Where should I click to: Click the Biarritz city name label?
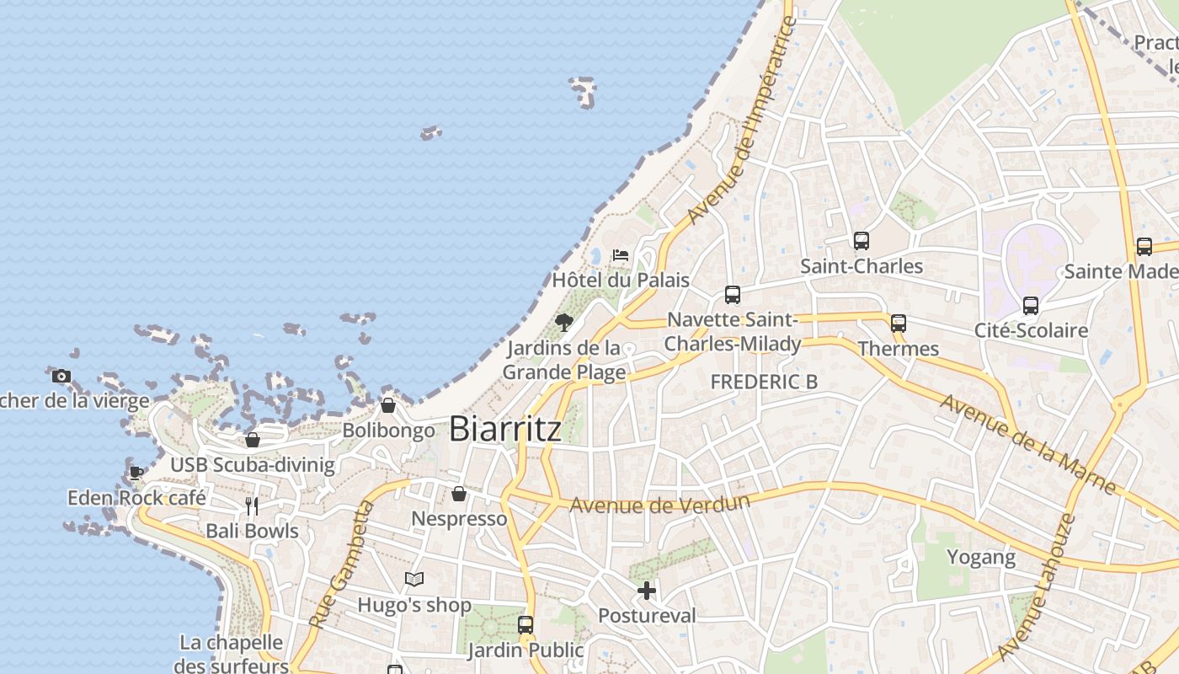(x=505, y=429)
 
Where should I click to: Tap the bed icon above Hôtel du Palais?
(x=621, y=254)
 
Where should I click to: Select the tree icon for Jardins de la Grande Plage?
(x=563, y=322)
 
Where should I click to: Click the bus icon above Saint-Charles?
(x=861, y=241)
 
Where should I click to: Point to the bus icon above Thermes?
(x=898, y=324)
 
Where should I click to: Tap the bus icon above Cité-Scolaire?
(x=1030, y=306)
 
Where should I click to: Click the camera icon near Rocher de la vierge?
(x=61, y=377)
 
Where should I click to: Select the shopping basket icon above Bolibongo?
(x=387, y=405)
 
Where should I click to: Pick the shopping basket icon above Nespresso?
(x=459, y=494)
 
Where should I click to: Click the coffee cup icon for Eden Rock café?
(x=136, y=473)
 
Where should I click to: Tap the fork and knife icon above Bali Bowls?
(x=252, y=505)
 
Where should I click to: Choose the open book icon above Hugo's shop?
(x=413, y=579)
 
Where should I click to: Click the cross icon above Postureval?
(x=646, y=591)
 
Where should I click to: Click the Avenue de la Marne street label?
(x=1028, y=445)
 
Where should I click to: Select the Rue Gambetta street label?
(x=340, y=564)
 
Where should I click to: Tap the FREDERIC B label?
(x=764, y=382)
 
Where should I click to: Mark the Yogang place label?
(x=981, y=557)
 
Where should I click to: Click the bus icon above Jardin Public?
(x=525, y=625)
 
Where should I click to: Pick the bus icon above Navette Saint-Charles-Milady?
(x=733, y=295)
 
